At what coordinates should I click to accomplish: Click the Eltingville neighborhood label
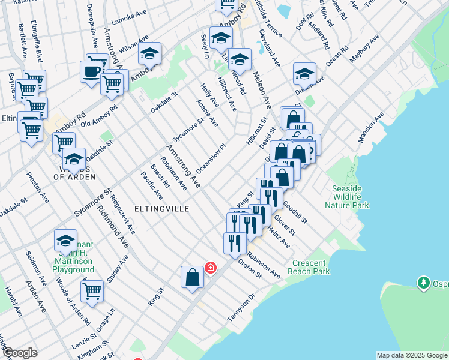tap(162, 208)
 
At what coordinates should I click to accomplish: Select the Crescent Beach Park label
tap(312, 268)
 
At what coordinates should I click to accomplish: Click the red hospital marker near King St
tap(210, 267)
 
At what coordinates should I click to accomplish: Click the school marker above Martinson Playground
tap(65, 241)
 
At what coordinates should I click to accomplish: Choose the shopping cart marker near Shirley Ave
tap(92, 291)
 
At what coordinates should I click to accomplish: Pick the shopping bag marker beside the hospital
tap(192, 277)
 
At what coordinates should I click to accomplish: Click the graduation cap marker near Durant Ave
tap(304, 74)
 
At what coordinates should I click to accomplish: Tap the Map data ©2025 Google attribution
tap(412, 355)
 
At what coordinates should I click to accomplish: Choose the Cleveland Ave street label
tap(270, 48)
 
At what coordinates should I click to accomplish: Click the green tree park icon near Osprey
tap(425, 281)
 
